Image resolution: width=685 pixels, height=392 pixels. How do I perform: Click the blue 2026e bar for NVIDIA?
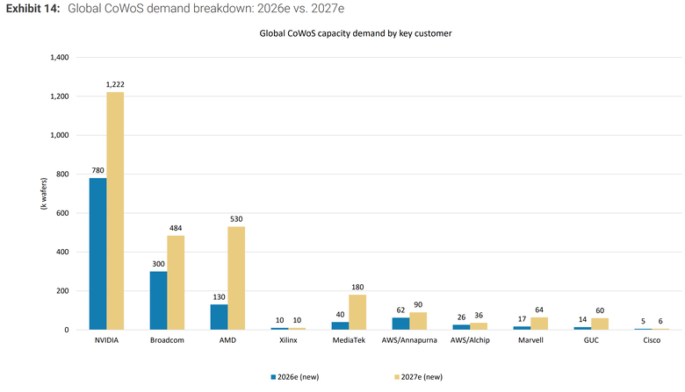pyautogui.click(x=97, y=253)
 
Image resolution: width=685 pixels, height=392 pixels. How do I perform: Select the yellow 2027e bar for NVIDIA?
pyautogui.click(x=115, y=210)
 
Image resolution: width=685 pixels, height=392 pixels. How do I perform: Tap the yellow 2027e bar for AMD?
pyautogui.click(x=236, y=278)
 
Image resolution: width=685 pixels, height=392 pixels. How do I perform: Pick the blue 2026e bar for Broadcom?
pyautogui.click(x=159, y=301)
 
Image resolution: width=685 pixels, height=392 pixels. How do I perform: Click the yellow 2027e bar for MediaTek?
pyautogui.click(x=357, y=312)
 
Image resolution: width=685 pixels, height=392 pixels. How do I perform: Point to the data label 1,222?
pyautogui.click(x=115, y=84)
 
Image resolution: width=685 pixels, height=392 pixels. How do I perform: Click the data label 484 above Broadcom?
pyautogui.click(x=176, y=228)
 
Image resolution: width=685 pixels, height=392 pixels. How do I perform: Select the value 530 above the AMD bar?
pyautogui.click(x=236, y=219)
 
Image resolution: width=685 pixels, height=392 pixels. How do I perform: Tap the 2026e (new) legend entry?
pyautogui.click(x=295, y=377)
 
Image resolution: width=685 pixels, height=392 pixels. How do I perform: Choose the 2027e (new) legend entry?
pyautogui.click(x=419, y=377)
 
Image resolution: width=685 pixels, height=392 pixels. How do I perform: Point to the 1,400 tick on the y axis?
pyautogui.click(x=60, y=57)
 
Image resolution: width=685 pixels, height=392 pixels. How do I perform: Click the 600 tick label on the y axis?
pyautogui.click(x=63, y=213)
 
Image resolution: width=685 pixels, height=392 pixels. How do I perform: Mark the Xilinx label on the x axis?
pyautogui.click(x=288, y=340)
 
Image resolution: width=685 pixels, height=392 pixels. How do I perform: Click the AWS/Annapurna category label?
pyautogui.click(x=409, y=340)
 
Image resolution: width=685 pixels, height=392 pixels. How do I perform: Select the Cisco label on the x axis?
pyautogui.click(x=652, y=340)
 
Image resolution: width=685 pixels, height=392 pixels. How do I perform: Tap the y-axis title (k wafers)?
pyautogui.click(x=44, y=194)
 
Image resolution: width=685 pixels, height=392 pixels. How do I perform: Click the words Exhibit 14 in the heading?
pyautogui.click(x=32, y=9)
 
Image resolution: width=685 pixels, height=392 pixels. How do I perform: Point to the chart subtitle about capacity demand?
pyautogui.click(x=356, y=33)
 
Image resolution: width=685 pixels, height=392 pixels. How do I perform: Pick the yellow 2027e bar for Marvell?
pyautogui.click(x=539, y=324)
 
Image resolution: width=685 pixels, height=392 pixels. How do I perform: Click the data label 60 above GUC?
pyautogui.click(x=600, y=310)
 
